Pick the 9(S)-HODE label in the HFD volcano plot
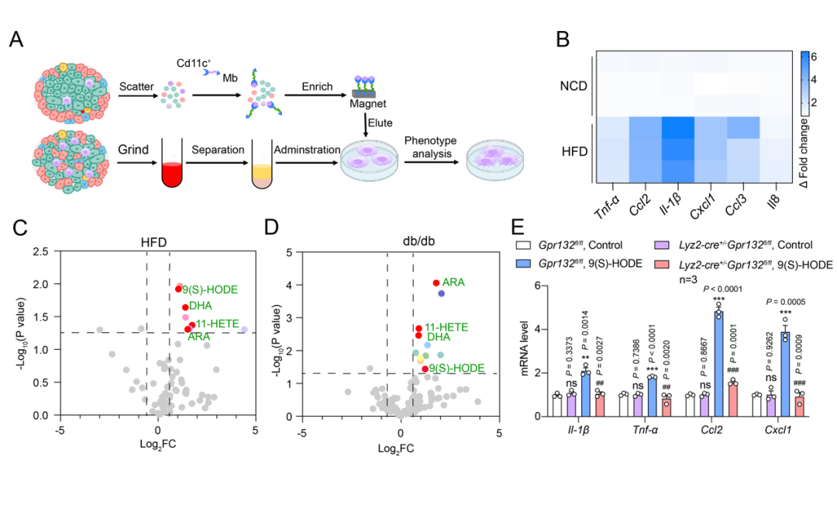209,289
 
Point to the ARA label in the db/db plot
453,282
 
